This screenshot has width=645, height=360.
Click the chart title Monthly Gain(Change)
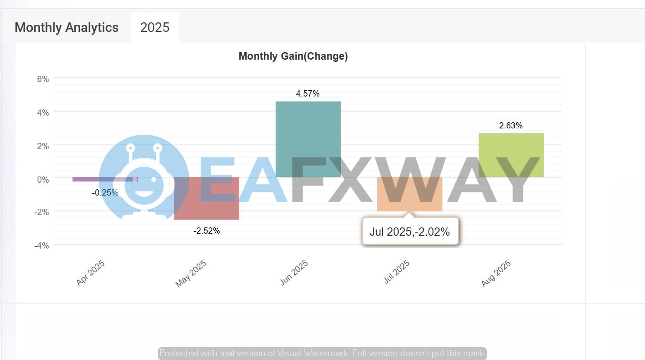(x=293, y=56)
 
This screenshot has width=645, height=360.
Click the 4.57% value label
(x=308, y=94)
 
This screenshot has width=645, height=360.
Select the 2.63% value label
(x=510, y=126)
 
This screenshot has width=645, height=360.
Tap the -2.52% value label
(x=207, y=231)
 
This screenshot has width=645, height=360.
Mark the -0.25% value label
(x=105, y=193)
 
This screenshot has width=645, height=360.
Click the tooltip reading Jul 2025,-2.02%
(x=410, y=232)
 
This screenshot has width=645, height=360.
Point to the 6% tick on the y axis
(x=43, y=79)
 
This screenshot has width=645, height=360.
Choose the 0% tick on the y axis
(x=43, y=180)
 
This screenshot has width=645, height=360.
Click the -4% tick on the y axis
(x=41, y=246)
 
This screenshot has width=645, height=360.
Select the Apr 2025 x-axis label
(x=90, y=273)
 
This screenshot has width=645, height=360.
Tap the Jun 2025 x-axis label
(x=294, y=273)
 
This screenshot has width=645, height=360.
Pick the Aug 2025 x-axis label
(x=496, y=273)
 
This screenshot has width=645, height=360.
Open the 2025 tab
(x=155, y=28)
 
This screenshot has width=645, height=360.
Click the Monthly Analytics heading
(x=67, y=28)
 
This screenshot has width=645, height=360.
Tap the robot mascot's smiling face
(x=144, y=184)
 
